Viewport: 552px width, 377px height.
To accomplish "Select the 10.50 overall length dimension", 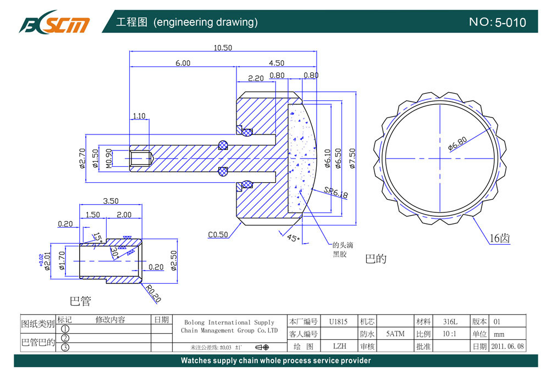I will click(x=223, y=48).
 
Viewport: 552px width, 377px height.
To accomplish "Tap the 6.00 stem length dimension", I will click(x=183, y=63).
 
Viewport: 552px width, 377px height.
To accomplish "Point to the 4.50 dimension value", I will click(x=276, y=63).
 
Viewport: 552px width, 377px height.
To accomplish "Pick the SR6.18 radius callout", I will click(x=335, y=193).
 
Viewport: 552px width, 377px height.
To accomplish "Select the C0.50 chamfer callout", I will click(x=218, y=235).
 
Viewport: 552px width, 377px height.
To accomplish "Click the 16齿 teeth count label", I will click(x=500, y=239).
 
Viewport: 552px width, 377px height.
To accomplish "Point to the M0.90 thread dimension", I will click(x=108, y=159).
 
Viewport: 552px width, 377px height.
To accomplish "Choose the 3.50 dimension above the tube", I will click(x=111, y=201).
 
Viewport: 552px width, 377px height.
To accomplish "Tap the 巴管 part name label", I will click(x=80, y=301).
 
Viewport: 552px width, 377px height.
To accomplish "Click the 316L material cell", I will click(x=450, y=322).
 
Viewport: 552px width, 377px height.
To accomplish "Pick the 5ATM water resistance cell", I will click(x=395, y=334).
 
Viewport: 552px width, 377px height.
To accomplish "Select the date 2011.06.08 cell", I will click(x=507, y=346).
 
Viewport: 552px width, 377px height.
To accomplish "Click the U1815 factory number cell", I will click(x=338, y=322).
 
